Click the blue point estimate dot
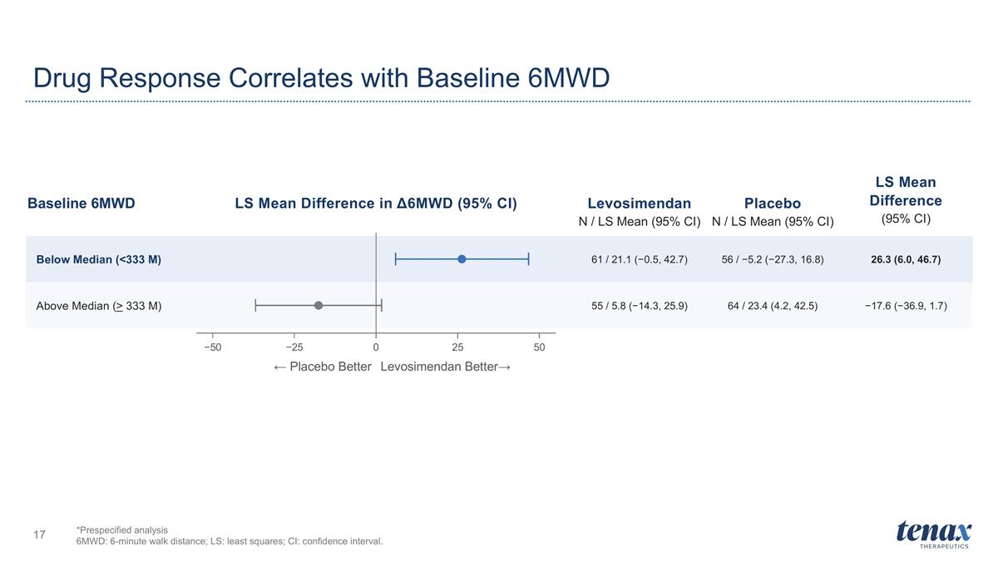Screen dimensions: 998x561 [462, 259]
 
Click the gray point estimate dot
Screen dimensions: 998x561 [318, 306]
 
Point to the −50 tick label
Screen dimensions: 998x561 [213, 347]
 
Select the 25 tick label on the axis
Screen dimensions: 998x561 [457, 347]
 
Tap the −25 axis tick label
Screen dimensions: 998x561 [294, 347]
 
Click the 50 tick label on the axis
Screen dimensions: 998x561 [539, 347]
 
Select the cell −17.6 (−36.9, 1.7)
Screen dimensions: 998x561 [906, 306]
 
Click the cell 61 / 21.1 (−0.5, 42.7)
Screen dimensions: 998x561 [640, 259]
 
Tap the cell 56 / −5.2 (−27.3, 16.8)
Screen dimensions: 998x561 [773, 259]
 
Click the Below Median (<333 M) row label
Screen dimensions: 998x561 [98, 259]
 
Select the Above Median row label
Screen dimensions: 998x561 [99, 306]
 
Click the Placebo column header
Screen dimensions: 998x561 [773, 204]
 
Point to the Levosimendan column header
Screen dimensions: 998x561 [640, 204]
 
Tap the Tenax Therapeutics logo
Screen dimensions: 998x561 [934, 534]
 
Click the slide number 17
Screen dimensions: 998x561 [40, 534]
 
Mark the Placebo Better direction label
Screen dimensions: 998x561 [323, 367]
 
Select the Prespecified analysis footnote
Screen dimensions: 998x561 [122, 530]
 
